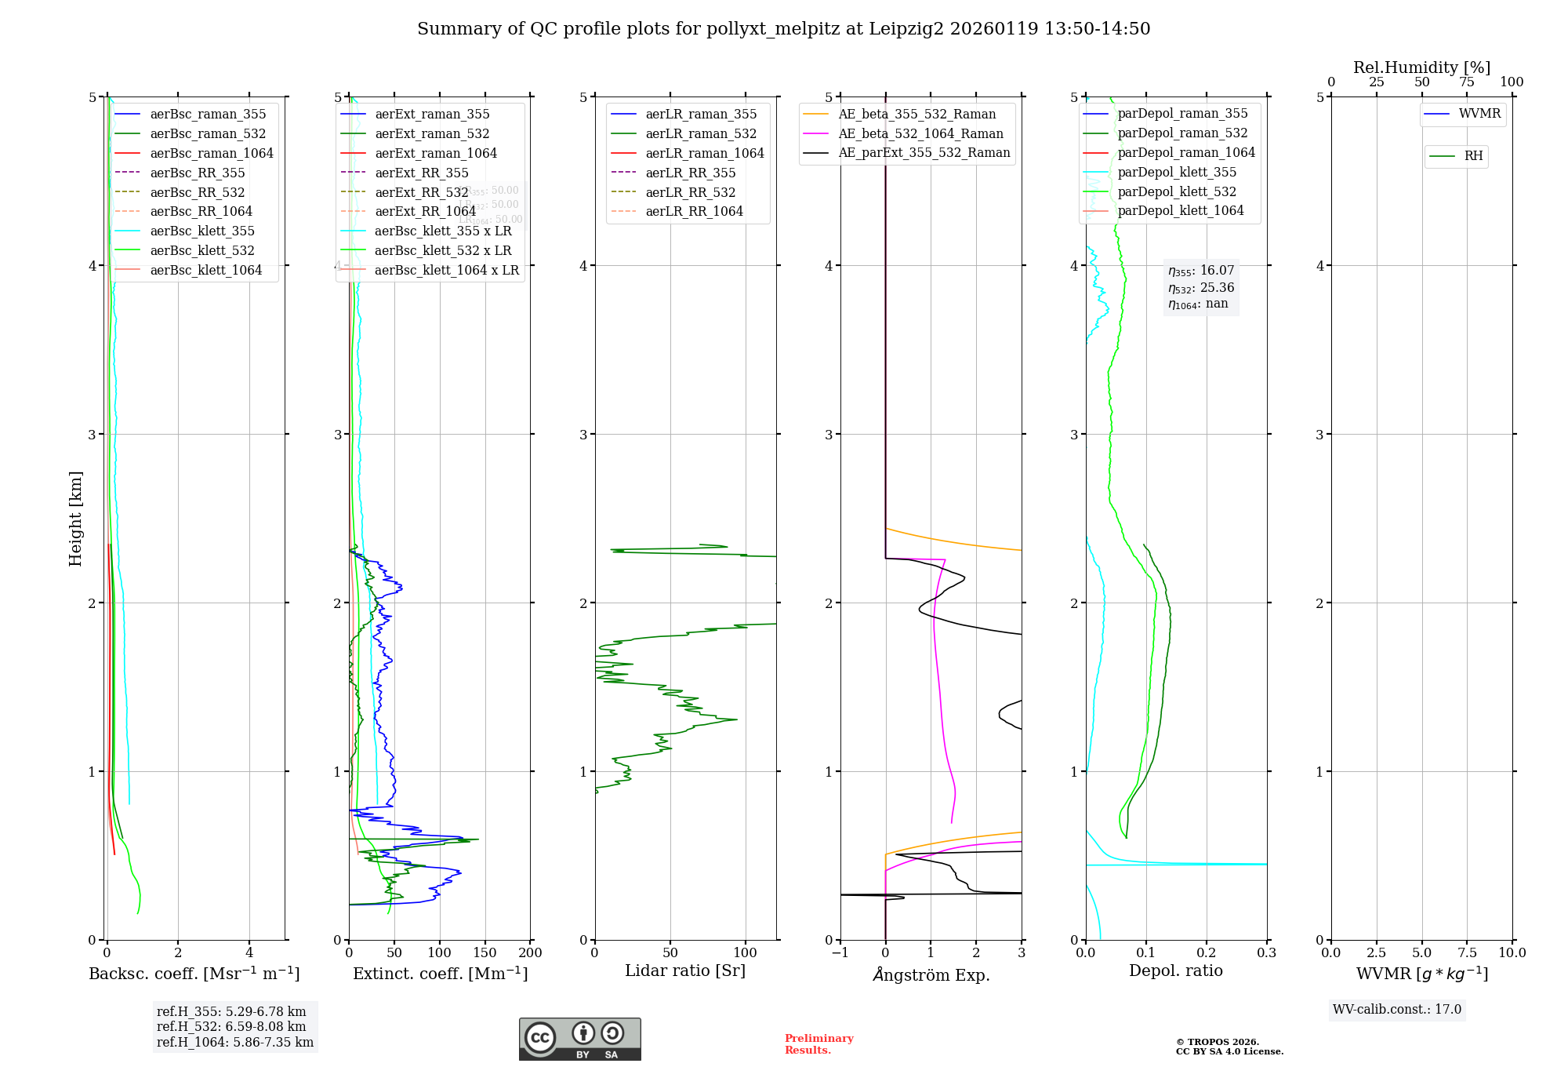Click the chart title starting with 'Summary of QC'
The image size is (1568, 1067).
click(783, 29)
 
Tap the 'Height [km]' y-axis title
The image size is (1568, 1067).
click(75, 518)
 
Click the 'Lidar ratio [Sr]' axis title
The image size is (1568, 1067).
click(684, 970)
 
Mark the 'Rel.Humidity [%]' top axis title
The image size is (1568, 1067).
click(1421, 67)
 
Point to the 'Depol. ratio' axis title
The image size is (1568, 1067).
click(1175, 970)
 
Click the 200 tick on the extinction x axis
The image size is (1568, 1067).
click(531, 952)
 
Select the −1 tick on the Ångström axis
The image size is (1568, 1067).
click(840, 952)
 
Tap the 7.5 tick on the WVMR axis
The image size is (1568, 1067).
click(1468, 952)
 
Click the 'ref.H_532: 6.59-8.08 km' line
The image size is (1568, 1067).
click(231, 1026)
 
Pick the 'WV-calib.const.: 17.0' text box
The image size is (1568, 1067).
click(1397, 1009)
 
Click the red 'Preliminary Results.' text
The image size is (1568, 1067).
click(818, 1043)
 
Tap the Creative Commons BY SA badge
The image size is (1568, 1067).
click(579, 1039)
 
